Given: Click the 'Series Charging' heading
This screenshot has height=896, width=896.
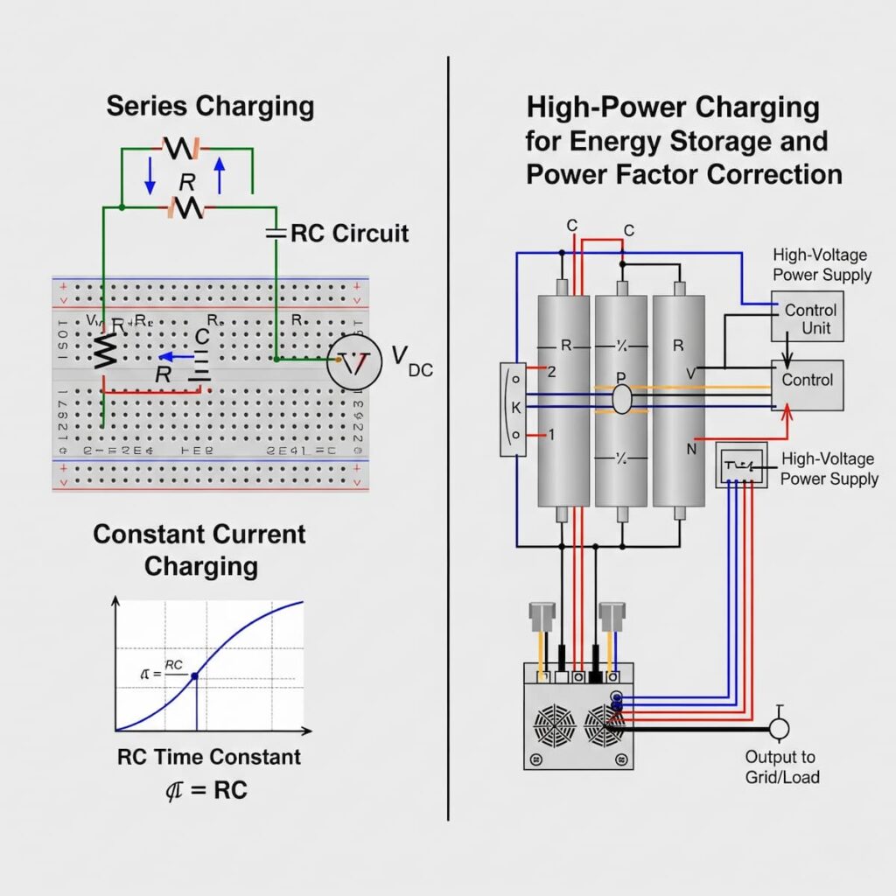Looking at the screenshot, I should [210, 107].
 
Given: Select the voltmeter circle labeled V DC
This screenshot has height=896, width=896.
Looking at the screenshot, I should [354, 360].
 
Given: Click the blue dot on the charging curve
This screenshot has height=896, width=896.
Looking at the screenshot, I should [194, 675].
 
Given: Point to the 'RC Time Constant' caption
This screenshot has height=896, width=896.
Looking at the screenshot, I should [208, 757].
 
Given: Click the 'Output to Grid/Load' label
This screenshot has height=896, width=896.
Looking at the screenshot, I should [781, 766].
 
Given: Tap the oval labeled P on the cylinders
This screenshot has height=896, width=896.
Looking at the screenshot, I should [620, 398].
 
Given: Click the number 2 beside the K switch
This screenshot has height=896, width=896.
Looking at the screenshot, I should [552, 371].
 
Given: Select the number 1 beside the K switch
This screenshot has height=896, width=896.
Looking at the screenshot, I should [551, 435].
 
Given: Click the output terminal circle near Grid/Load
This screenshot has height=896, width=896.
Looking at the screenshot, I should [778, 727].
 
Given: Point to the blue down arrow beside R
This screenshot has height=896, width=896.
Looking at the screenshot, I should [150, 177].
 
